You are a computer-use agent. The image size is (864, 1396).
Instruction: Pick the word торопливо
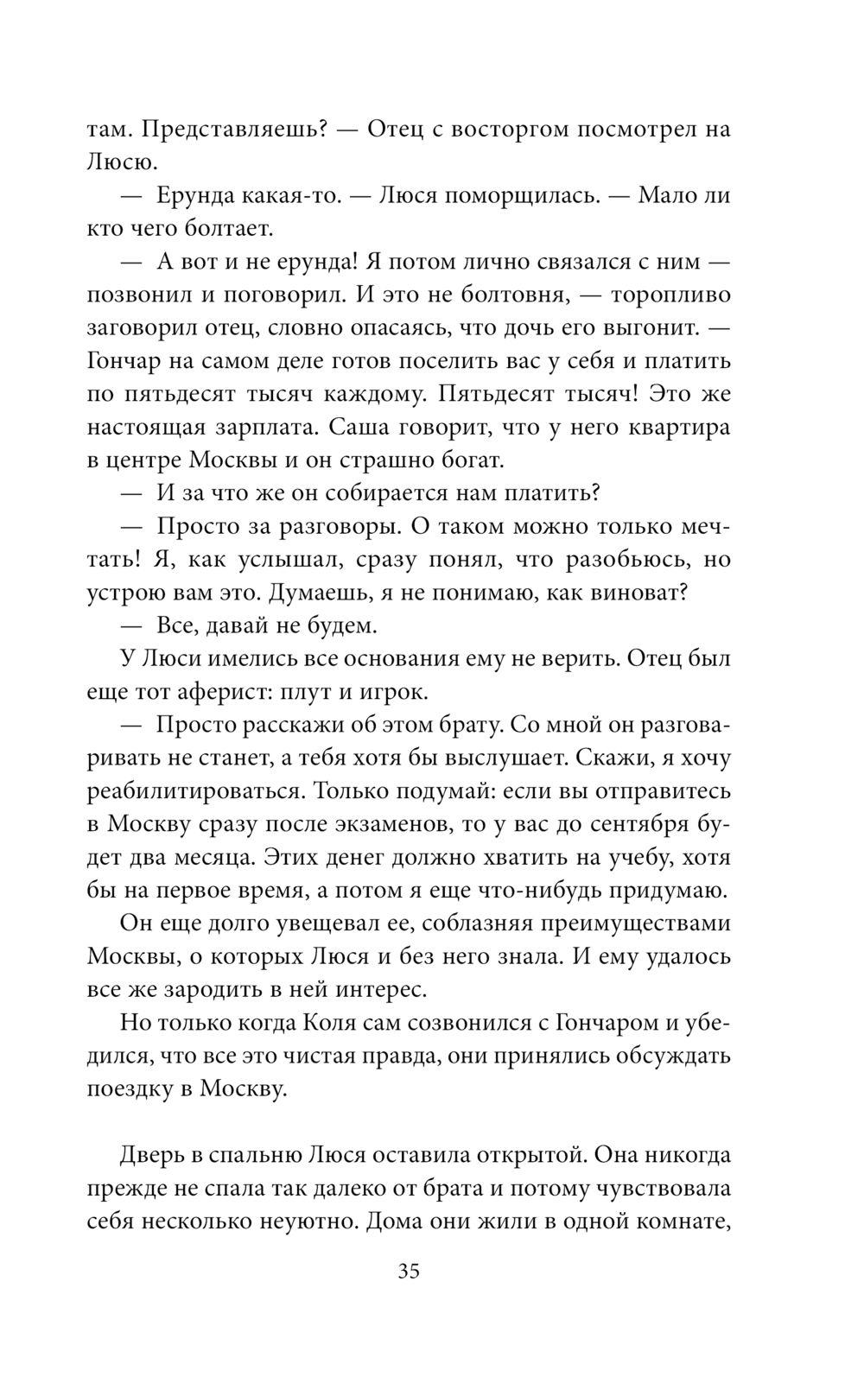(x=670, y=295)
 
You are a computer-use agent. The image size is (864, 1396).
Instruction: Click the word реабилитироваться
(x=194, y=791)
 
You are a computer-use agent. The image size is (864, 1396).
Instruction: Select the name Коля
(x=333, y=1023)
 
